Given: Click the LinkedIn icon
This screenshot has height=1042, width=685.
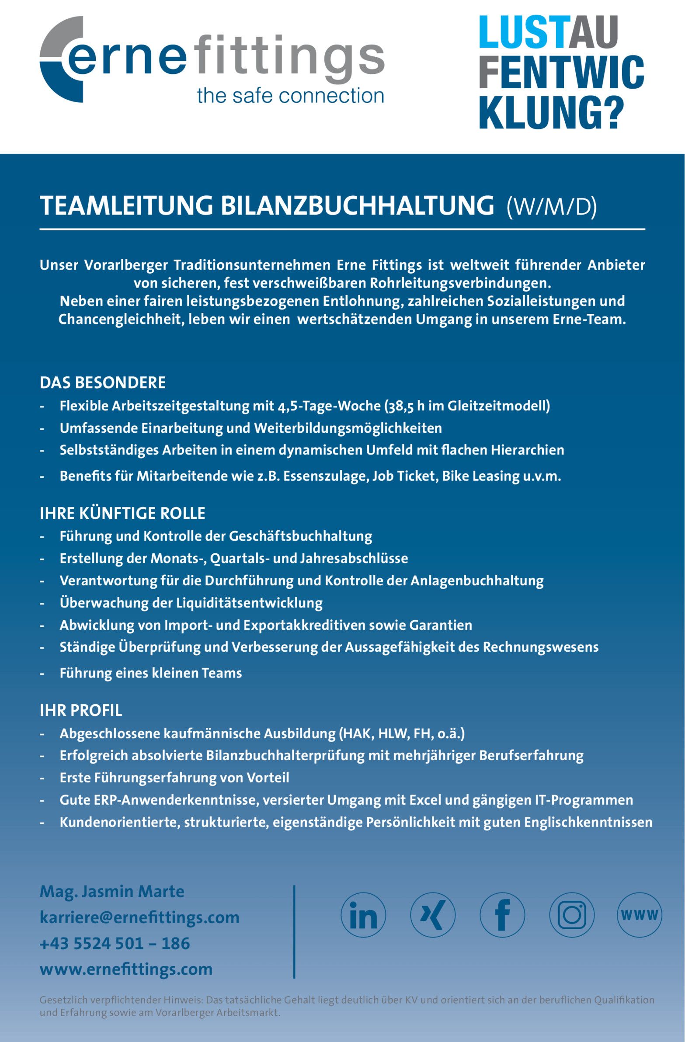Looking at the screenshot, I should click(x=363, y=915).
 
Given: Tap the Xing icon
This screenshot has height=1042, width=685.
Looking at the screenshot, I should click(x=433, y=915).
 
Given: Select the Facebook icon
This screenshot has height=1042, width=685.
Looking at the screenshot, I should click(x=502, y=915).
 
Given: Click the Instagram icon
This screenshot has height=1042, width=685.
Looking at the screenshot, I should click(x=572, y=915).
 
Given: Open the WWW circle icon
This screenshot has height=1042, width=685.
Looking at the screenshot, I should click(x=640, y=915).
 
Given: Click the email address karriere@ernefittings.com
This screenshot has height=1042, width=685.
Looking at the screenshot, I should click(x=139, y=917).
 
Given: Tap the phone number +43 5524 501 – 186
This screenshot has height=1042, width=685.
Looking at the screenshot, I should click(x=115, y=943).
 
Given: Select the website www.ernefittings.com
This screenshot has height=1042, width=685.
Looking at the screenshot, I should click(x=126, y=969).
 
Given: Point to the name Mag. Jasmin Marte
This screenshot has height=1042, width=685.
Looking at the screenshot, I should click(x=112, y=891).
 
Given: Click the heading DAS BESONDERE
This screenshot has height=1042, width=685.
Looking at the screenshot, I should click(x=102, y=382).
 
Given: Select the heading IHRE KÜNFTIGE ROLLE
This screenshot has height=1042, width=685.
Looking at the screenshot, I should click(x=122, y=513).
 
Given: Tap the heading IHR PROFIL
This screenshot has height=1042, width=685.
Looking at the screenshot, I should click(x=80, y=710).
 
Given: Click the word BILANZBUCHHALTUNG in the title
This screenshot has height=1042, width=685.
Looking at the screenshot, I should click(x=357, y=206).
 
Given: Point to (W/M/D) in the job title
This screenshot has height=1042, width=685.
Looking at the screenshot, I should click(x=551, y=207).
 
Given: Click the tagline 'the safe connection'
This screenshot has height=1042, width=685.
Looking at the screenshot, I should click(x=290, y=95).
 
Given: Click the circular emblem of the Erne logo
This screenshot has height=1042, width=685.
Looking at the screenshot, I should click(x=59, y=59).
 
